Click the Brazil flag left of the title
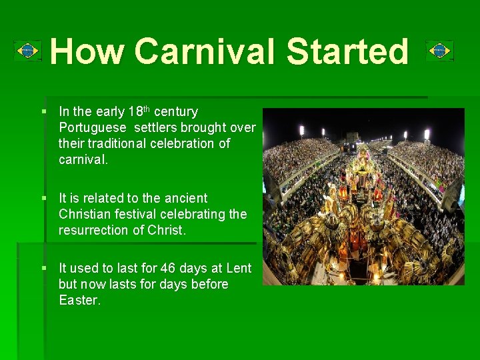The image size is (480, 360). click(x=27, y=51)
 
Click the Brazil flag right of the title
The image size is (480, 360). click(x=439, y=51)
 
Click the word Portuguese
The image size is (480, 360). click(x=93, y=128)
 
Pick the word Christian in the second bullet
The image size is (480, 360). click(x=85, y=214)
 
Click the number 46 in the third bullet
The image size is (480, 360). click(x=171, y=268)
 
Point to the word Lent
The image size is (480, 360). click(x=239, y=268)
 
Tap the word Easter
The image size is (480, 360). click(x=79, y=300)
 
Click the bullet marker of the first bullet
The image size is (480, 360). click(x=43, y=111)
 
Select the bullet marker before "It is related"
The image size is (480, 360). click(x=43, y=198)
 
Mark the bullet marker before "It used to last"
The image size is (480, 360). click(x=43, y=268)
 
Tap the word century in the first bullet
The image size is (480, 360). click(x=175, y=112)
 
